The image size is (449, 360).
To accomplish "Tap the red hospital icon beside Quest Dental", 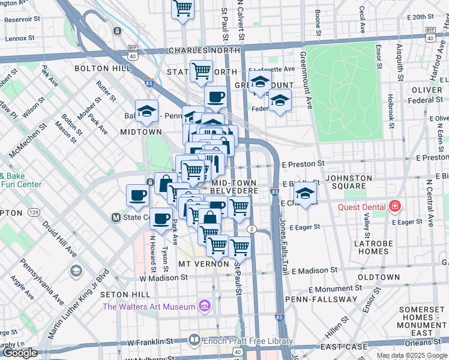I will click(395, 207).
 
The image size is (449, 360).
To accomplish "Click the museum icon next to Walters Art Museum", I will click(205, 307).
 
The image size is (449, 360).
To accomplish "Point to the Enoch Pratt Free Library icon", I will click(194, 340).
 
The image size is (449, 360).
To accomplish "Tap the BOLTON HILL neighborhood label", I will click(102, 69).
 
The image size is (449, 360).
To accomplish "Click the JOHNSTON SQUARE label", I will click(353, 182).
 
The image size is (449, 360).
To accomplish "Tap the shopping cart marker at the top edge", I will click(182, 9).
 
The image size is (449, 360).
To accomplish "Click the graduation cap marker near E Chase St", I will click(305, 193).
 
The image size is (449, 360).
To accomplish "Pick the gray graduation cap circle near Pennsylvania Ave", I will click(76, 271).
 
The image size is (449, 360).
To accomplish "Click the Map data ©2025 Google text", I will click(411, 355).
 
